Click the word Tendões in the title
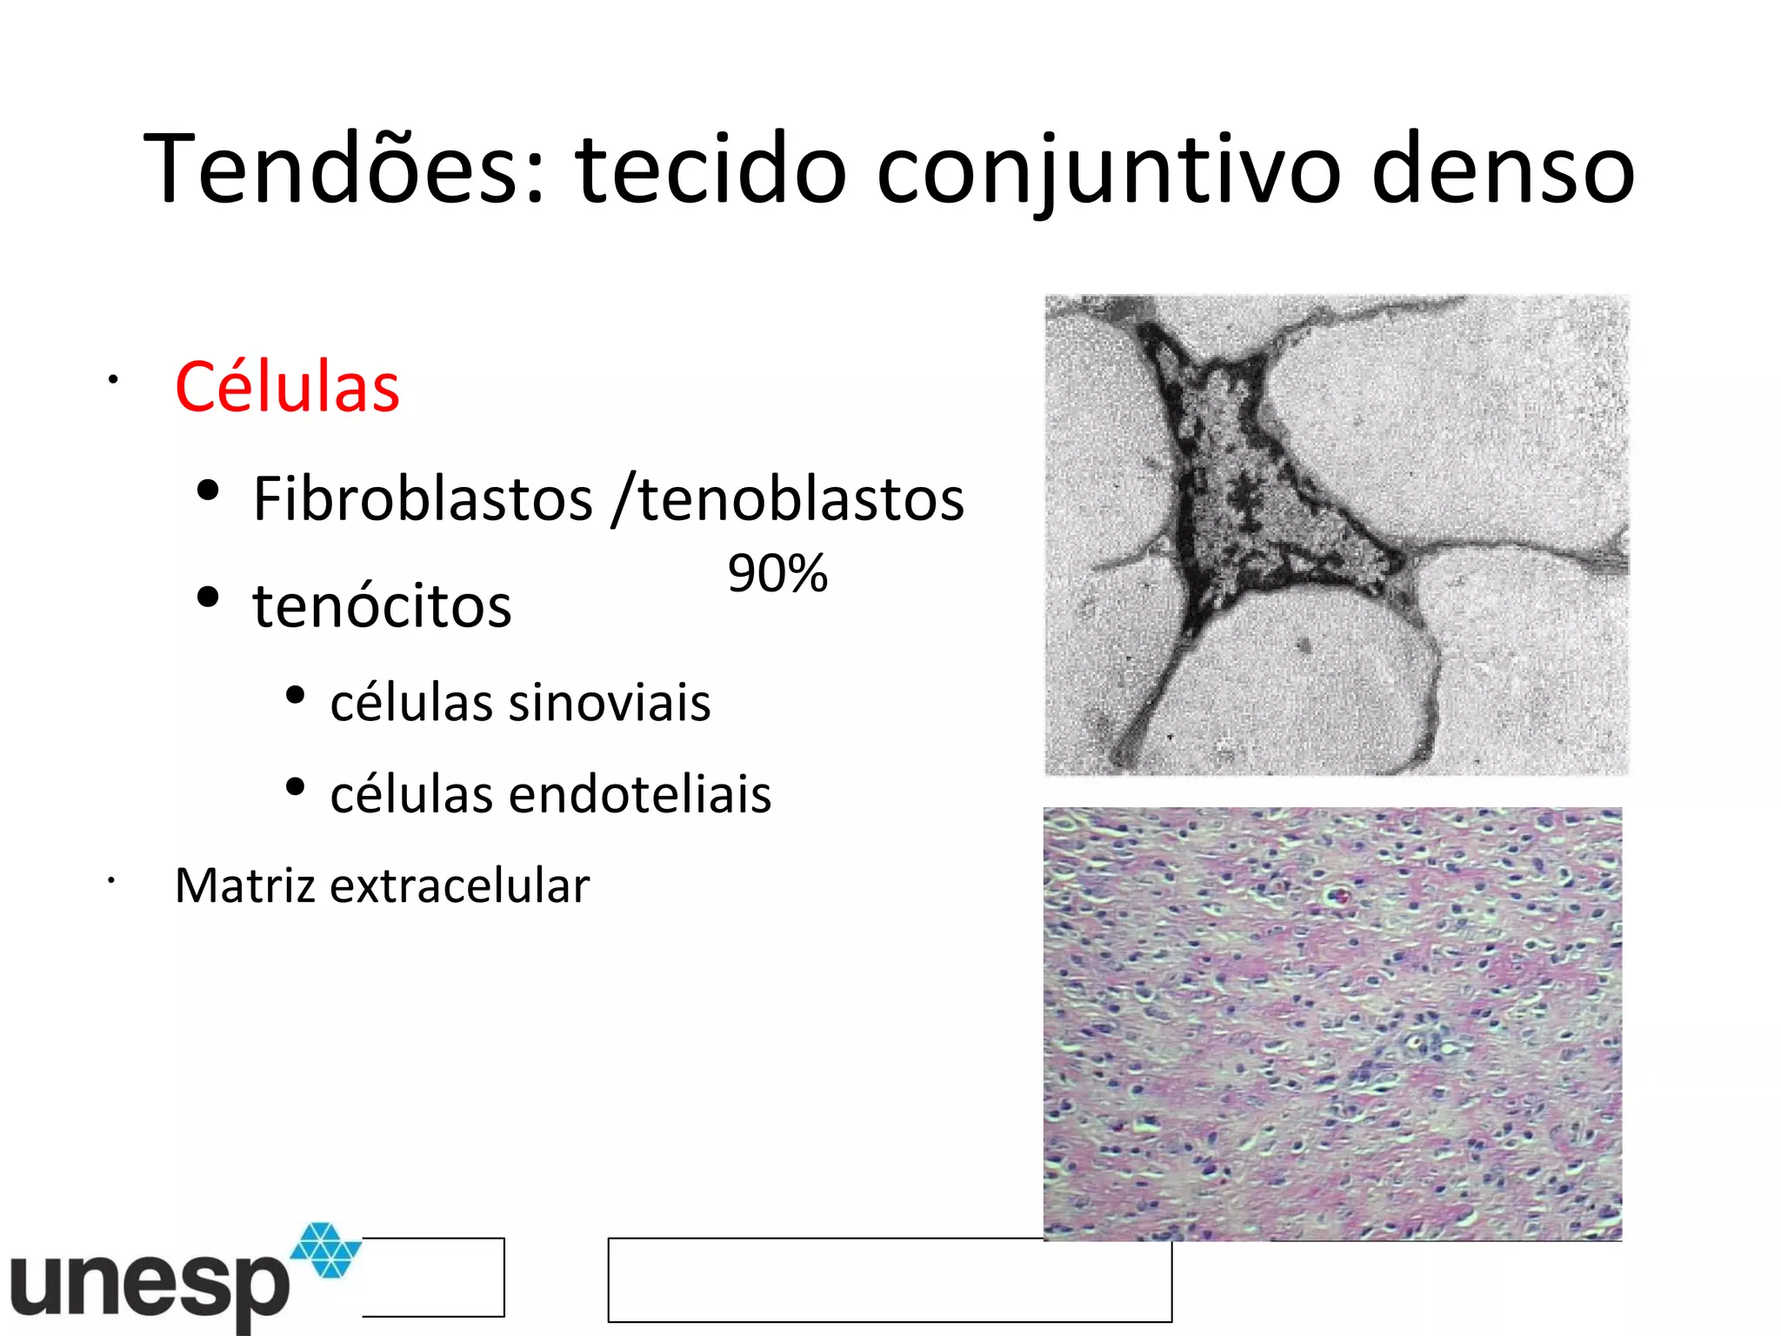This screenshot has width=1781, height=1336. [x=344, y=169]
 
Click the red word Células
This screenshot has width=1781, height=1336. [x=287, y=387]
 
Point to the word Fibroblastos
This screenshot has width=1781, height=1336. [x=423, y=499]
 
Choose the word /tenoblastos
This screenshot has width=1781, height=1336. [x=788, y=499]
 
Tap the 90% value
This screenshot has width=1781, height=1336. [x=777, y=574]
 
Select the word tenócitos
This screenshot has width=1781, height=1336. [x=382, y=605]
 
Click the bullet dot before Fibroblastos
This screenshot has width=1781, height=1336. [x=208, y=491]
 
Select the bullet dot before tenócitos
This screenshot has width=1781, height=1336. [x=208, y=598]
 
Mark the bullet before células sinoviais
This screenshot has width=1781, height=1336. [x=295, y=695]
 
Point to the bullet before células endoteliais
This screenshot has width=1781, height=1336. [x=295, y=787]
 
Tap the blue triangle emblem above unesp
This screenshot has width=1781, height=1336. [x=325, y=1249]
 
